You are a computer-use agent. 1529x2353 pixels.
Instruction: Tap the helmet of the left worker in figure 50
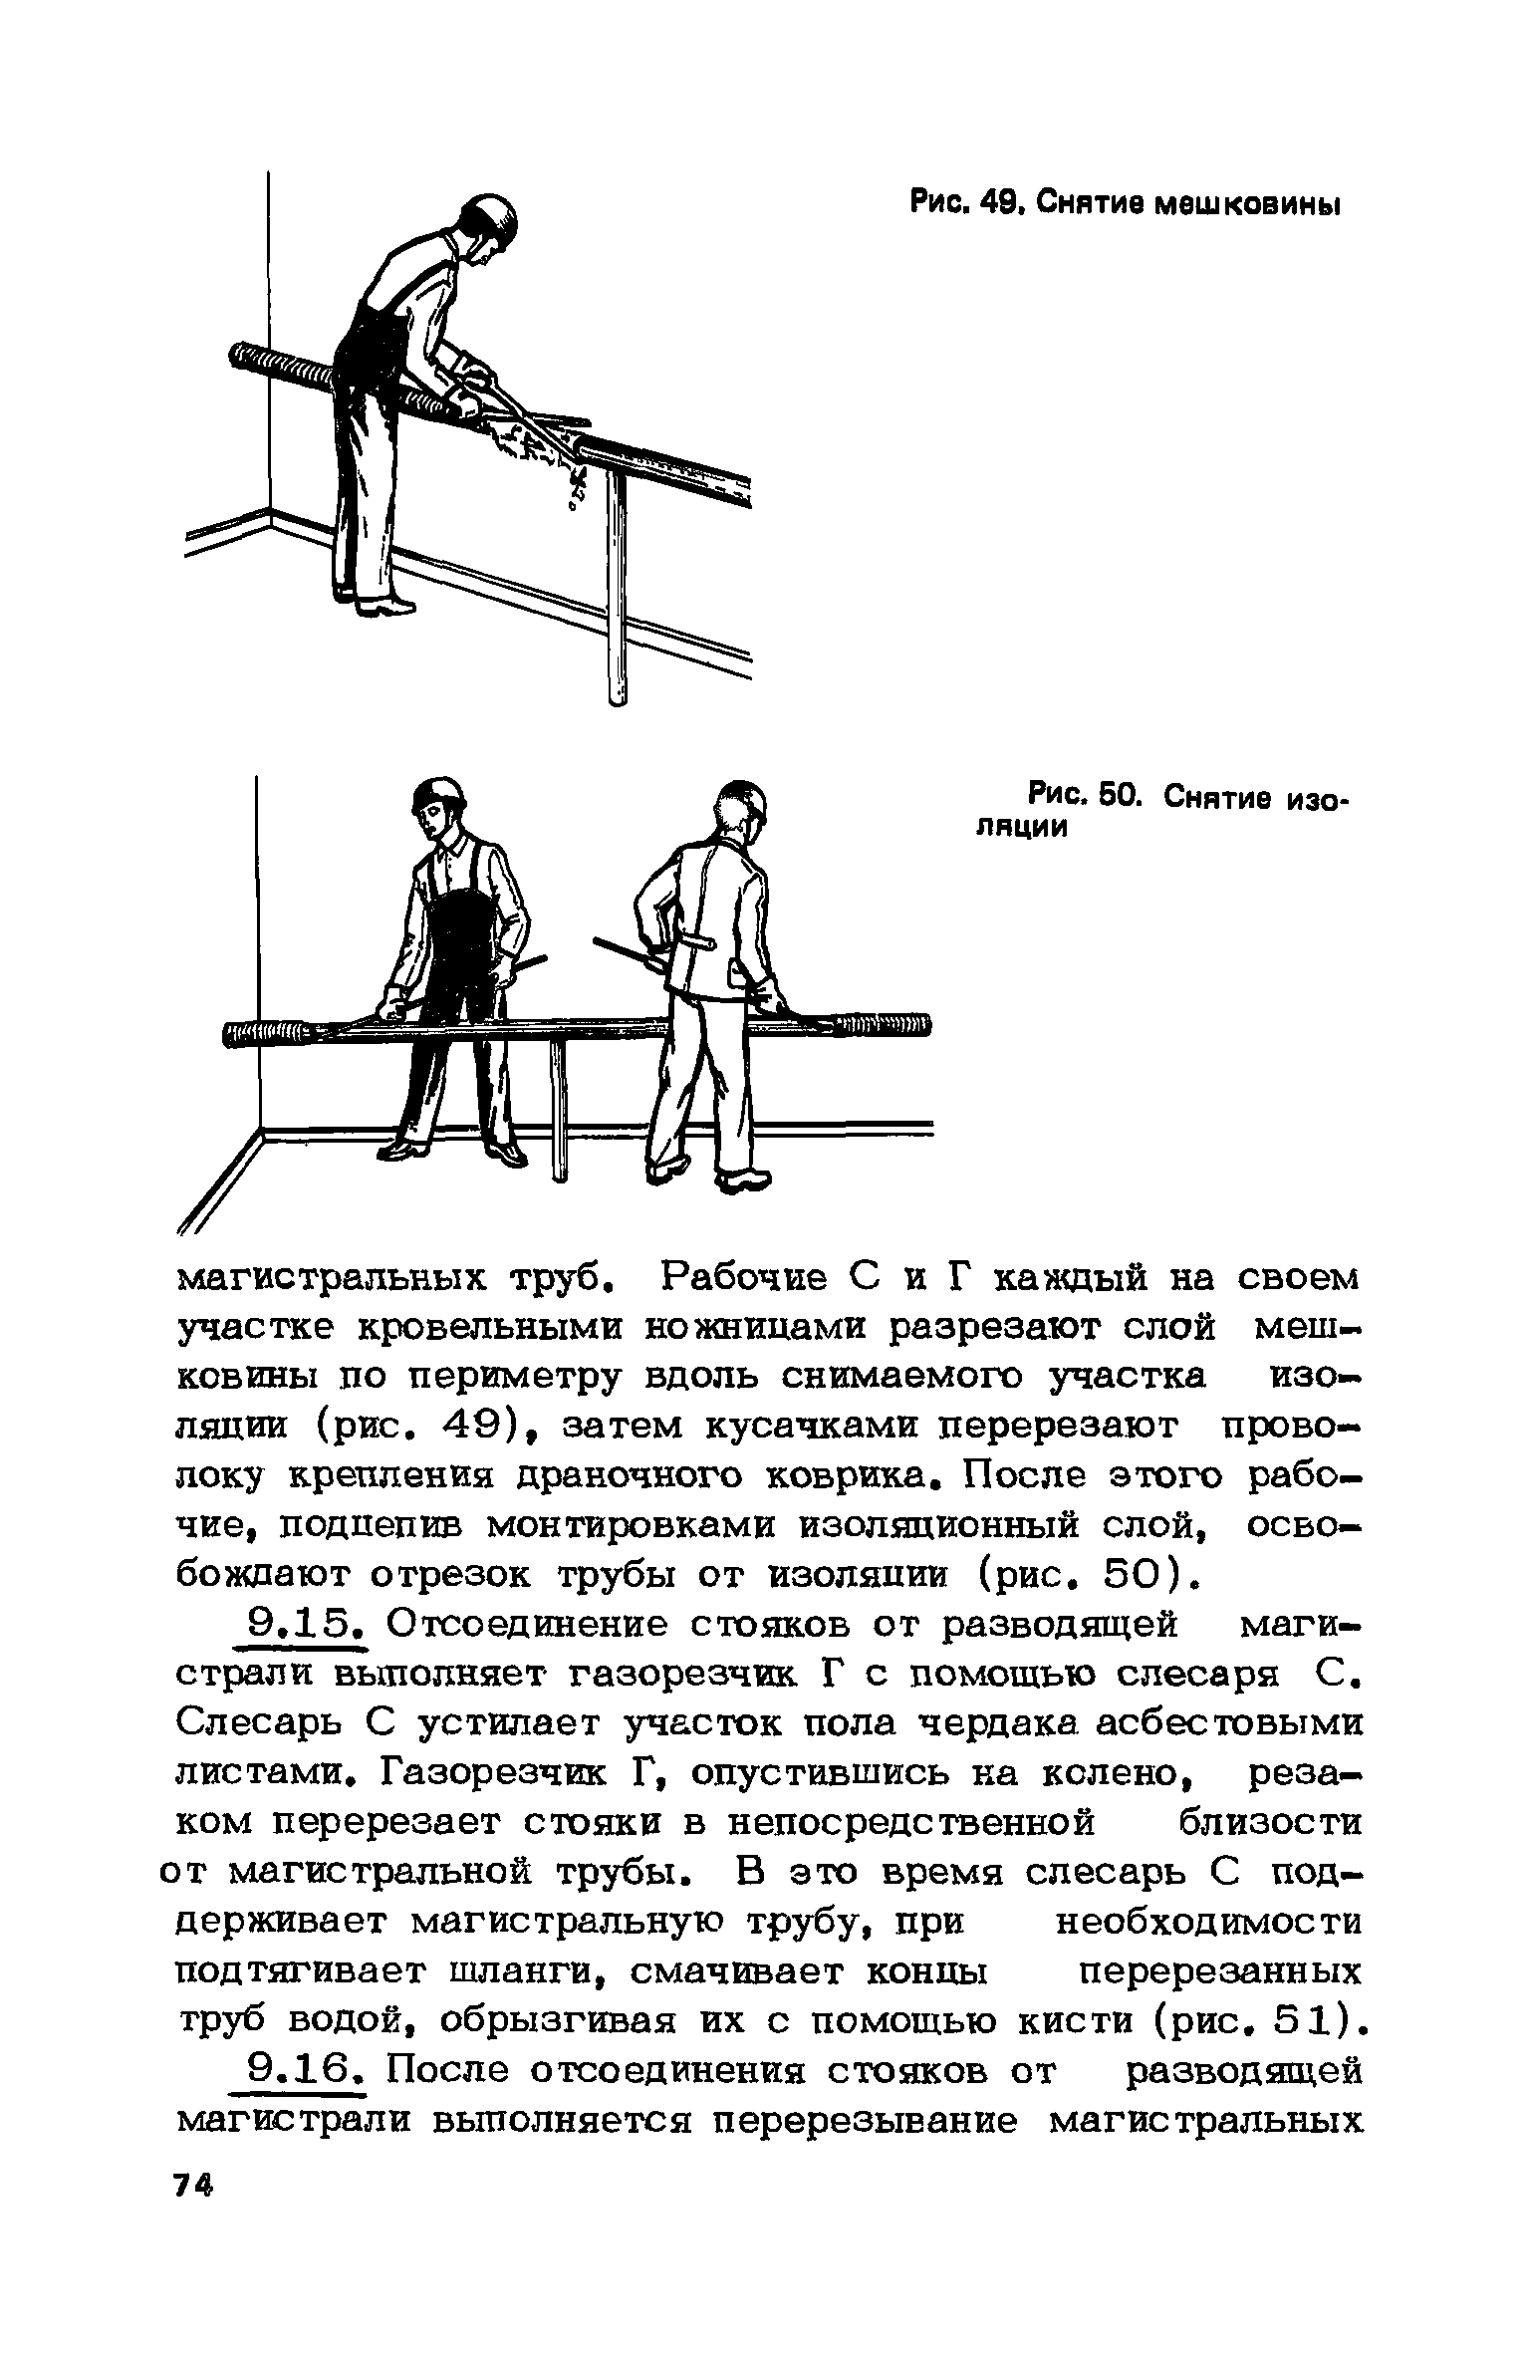[x=439, y=794]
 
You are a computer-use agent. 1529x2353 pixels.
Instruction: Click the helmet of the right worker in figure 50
[x=744, y=797]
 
